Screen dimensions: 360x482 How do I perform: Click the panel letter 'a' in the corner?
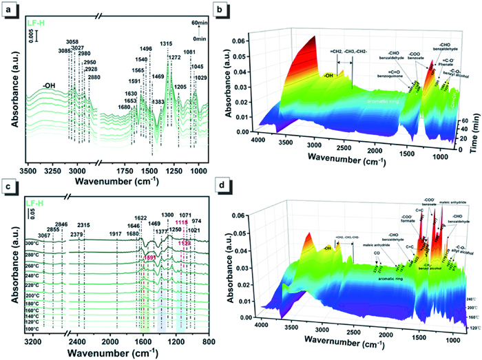(x=6, y=7)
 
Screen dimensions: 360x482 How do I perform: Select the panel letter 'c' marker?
(x=6, y=184)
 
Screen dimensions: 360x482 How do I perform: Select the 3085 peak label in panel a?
(x=65, y=49)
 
